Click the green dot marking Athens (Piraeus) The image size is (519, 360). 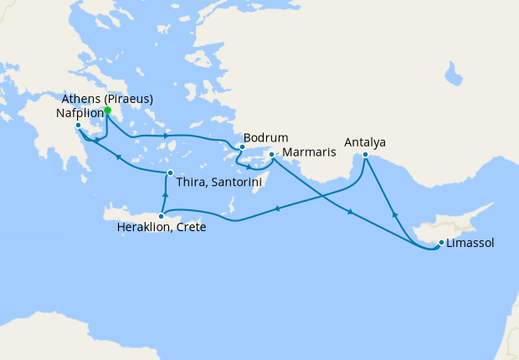click(107, 110)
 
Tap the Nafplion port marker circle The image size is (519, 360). click(78, 126)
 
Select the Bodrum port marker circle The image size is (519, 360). click(241, 147)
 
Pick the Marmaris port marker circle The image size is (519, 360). click(272, 155)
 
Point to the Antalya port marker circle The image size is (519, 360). click(366, 154)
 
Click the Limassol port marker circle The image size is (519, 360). click(440, 244)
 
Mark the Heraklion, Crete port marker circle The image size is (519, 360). click(161, 216)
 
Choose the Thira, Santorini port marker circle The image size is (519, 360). click(170, 173)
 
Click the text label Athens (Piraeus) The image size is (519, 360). click(108, 99)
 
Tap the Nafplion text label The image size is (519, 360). click(81, 112)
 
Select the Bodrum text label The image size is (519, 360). click(265, 137)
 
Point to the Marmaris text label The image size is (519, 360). click(310, 152)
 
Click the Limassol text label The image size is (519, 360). click(470, 244)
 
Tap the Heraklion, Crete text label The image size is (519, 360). click(162, 228)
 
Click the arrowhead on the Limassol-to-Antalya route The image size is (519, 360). click(394, 215)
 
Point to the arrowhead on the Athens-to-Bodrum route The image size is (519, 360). click(167, 135)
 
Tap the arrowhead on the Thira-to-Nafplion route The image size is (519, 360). click(119, 157)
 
